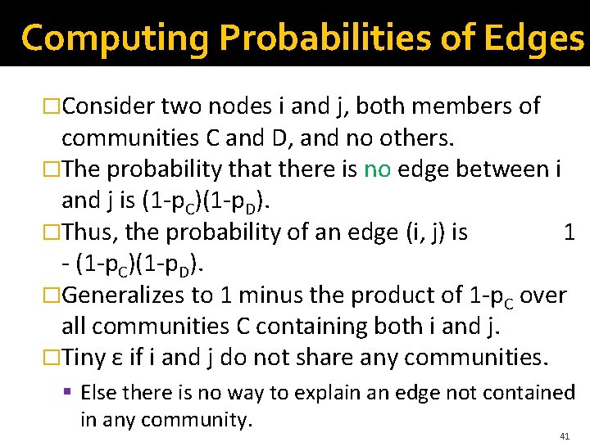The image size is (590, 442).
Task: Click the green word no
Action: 377,169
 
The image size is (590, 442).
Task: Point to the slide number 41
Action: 565,436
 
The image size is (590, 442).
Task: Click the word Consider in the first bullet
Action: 110,106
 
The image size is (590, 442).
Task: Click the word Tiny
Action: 84,358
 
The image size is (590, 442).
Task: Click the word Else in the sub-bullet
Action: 99,393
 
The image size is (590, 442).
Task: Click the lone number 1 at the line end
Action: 570,232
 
